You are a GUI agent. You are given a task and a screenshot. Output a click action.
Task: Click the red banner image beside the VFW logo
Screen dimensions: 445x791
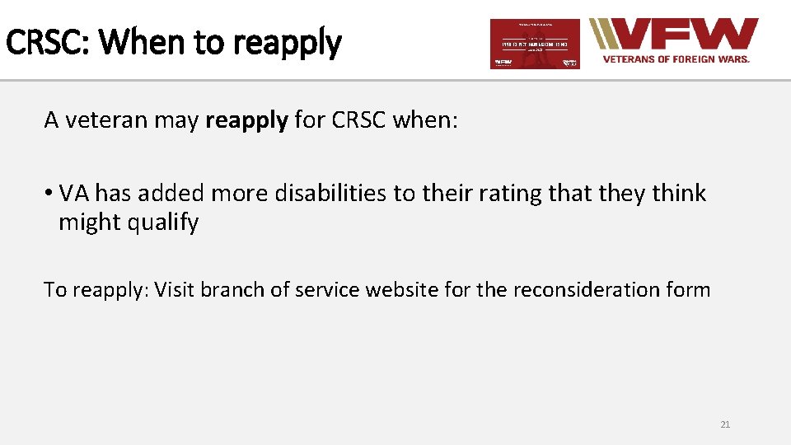[535, 44]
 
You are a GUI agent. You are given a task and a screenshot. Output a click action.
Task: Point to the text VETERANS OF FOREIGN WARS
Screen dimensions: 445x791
[676, 59]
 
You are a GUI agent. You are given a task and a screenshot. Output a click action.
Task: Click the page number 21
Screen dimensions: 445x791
[725, 424]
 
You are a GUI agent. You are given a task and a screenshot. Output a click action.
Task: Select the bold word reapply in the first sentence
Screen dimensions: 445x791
[246, 121]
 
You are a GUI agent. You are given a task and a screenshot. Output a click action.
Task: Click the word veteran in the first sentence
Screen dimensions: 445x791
[101, 120]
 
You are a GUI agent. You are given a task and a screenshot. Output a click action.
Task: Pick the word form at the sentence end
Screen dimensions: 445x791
[690, 289]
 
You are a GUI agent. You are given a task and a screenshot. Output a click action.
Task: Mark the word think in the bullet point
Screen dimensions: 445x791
[678, 193]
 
